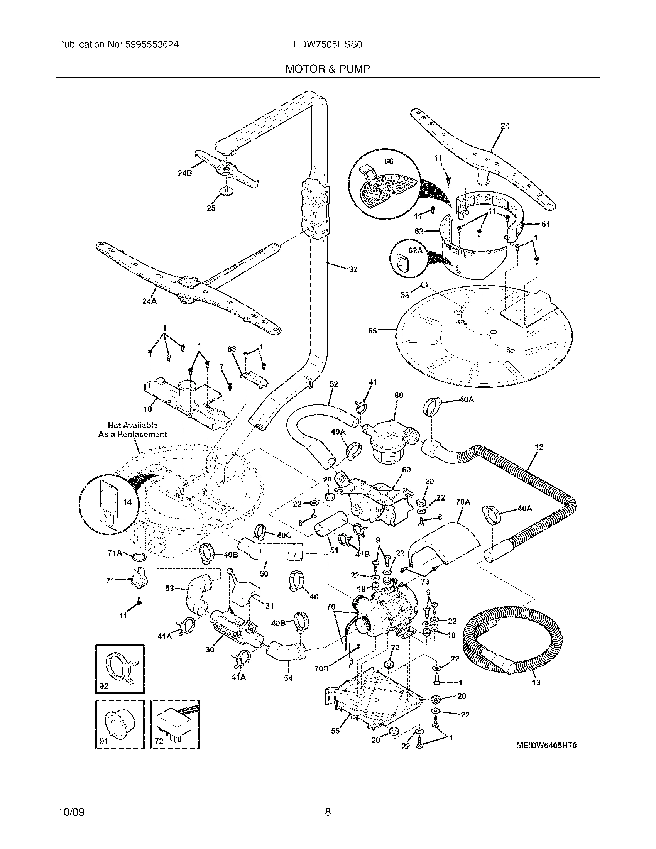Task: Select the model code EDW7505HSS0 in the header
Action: [x=328, y=45]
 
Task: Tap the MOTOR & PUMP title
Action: [x=328, y=69]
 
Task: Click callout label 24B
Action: [x=185, y=173]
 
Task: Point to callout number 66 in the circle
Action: [x=389, y=161]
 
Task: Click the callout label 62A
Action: [x=415, y=251]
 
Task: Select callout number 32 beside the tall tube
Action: [x=353, y=269]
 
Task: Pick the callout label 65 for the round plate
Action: [x=372, y=331]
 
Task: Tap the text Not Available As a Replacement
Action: [x=133, y=430]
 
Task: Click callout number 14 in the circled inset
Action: [x=127, y=502]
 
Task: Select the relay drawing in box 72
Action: [x=175, y=724]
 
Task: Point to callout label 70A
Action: [x=462, y=502]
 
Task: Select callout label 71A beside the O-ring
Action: [x=114, y=553]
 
